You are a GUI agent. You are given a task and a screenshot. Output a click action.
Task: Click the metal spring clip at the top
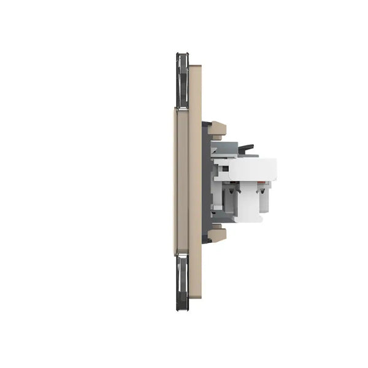pyautogui.click(x=182, y=80)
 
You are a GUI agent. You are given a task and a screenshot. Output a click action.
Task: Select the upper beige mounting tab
pyautogui.click(x=217, y=129)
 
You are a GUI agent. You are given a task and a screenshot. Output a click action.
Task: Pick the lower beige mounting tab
pyautogui.click(x=217, y=234)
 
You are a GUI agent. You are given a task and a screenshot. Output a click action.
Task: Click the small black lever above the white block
pyautogui.click(x=245, y=148)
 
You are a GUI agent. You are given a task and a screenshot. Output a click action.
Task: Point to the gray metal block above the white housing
pyautogui.click(x=226, y=148)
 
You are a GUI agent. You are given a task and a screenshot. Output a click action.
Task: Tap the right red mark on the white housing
pyautogui.click(x=263, y=182)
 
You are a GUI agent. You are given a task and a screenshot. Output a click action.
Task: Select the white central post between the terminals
pyautogui.click(x=249, y=202)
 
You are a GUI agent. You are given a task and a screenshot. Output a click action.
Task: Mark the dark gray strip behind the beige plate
pyautogui.click(x=207, y=182)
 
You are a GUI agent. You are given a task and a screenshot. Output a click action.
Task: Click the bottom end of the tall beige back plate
pyautogui.click(x=195, y=295)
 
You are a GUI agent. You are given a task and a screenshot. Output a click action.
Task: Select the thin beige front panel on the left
pyautogui.click(x=181, y=181)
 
